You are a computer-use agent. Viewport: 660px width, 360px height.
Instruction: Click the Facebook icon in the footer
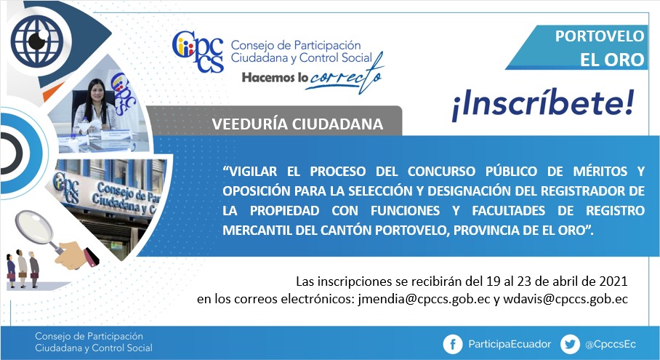453,345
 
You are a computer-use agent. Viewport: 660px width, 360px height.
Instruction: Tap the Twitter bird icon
570,345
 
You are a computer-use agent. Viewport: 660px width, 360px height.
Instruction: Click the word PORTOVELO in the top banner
600,36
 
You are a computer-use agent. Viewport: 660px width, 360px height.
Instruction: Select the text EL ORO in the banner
612,60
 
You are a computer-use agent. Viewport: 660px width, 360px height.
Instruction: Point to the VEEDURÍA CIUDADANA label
297,124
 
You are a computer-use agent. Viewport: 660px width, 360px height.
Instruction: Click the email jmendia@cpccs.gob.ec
424,299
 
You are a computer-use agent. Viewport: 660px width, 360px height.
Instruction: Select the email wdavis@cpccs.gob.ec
566,299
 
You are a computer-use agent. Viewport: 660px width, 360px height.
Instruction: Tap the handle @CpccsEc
611,345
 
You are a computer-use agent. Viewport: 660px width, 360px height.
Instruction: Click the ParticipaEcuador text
510,345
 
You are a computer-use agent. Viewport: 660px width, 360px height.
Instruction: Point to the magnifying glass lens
34,228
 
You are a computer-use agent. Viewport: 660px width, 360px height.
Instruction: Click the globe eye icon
37,41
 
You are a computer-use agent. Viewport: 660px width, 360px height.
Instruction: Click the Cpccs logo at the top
198,52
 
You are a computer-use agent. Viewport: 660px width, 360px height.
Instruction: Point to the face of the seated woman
97,92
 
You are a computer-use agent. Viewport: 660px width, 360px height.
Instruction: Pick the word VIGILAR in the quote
250,172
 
